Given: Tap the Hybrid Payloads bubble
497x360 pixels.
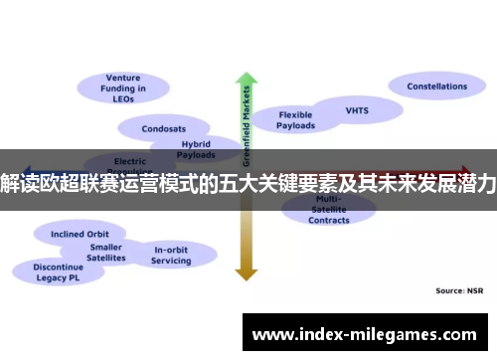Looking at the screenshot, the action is [195, 149].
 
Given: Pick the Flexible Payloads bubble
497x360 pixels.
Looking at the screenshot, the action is [295, 120].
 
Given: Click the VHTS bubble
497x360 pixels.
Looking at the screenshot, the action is [356, 110].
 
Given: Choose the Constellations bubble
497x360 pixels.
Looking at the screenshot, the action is [435, 87].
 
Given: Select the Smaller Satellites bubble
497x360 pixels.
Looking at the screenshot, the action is [106, 252].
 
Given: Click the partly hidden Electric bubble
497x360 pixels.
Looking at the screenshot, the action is [130, 160].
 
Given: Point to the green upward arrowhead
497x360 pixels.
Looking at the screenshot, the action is [246, 80].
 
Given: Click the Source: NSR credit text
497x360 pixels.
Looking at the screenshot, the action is [458, 290].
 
